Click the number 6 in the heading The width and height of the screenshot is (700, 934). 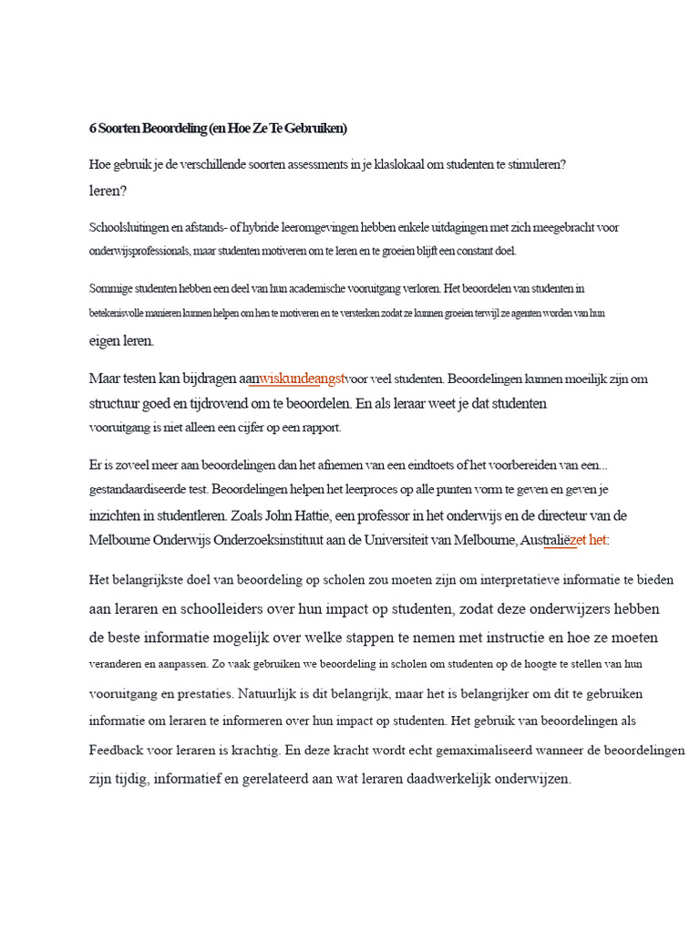pos(93,129)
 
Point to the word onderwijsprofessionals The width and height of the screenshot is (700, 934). pos(139,250)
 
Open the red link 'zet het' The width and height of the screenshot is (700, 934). pos(588,539)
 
